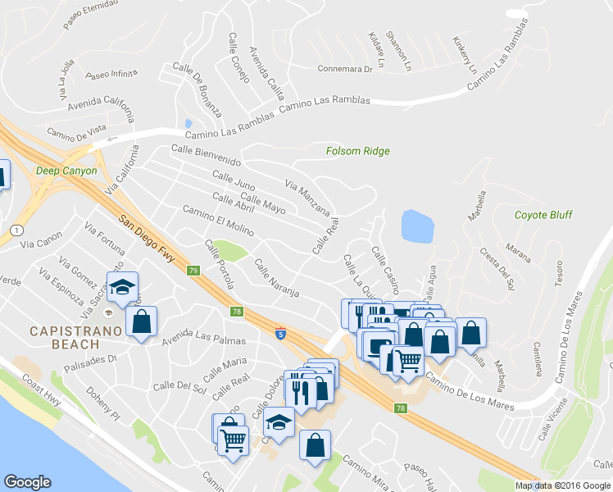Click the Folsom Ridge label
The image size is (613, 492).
tap(357, 151)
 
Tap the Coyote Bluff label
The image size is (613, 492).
tap(543, 216)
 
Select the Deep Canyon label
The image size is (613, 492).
tap(66, 171)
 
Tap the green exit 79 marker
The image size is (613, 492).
tap(193, 271)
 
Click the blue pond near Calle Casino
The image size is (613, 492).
tap(417, 226)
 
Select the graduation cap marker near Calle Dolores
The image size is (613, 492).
tap(279, 422)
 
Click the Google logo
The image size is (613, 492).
tap(27, 482)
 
